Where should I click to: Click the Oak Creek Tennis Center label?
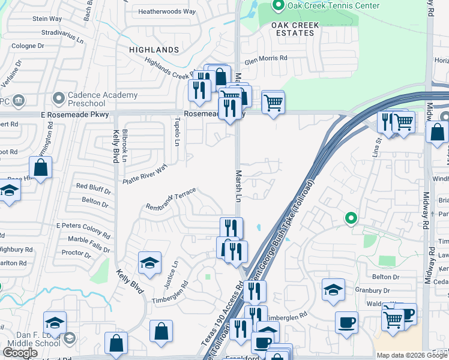coord(333,6)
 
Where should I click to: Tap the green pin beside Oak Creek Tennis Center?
coord(279,6)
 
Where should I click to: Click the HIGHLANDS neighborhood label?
coord(154,50)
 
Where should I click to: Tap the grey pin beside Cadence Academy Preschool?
coord(59,97)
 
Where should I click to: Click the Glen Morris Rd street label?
coord(266,58)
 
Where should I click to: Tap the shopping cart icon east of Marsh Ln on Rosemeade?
coord(273,102)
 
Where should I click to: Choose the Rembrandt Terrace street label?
coord(171,200)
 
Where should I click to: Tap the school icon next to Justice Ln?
coord(149,263)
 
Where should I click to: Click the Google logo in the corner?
coord(20,353)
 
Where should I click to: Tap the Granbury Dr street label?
coord(384,290)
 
